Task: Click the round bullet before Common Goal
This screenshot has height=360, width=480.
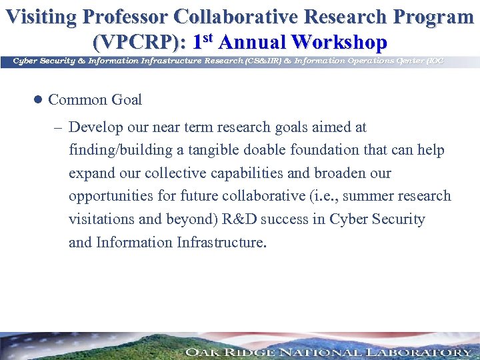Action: pos(38,100)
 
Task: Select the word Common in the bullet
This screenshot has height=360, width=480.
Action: pos(77,100)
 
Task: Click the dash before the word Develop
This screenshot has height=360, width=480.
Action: pos(55,127)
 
